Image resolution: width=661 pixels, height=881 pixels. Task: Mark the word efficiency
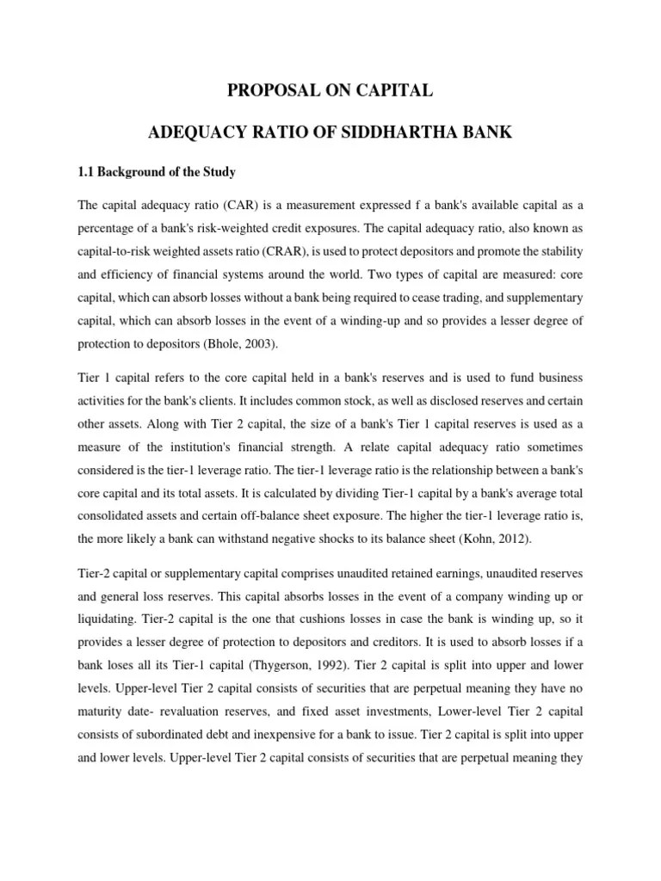pyautogui.click(x=130, y=275)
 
